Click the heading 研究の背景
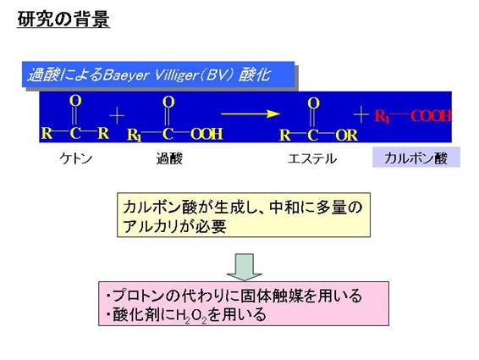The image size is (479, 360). (63, 19)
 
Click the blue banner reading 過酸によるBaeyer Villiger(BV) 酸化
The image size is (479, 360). (158, 75)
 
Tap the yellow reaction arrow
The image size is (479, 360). (251, 114)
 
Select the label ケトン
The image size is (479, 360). (76, 158)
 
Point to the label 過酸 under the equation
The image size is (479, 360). (169, 158)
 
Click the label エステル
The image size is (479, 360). (312, 158)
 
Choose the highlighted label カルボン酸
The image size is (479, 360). (416, 158)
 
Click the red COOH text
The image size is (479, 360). (431, 116)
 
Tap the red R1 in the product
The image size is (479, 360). (383, 117)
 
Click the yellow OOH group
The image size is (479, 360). (206, 134)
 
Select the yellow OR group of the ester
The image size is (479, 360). (346, 135)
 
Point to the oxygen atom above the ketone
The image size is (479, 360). (75, 100)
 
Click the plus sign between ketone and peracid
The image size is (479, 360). (117, 115)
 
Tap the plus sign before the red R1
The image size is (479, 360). (361, 115)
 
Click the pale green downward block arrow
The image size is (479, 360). (244, 267)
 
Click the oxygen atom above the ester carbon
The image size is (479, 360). (313, 102)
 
